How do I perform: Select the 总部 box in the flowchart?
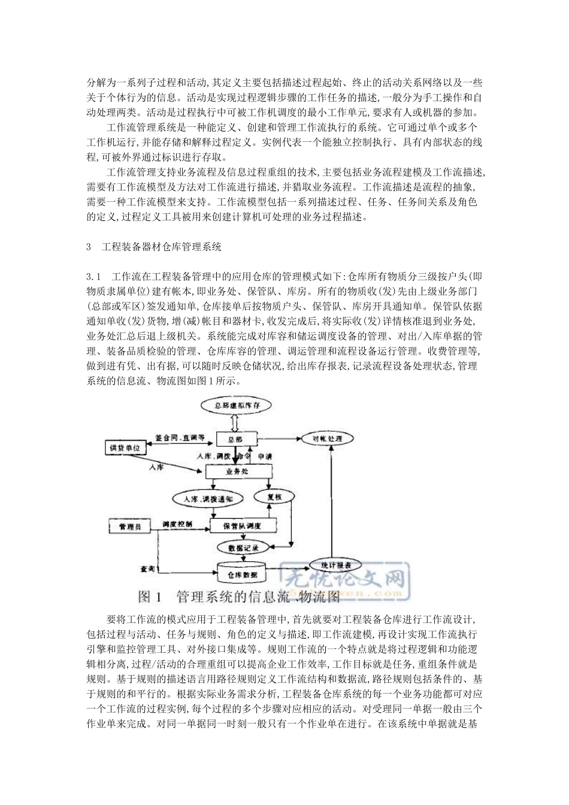236,440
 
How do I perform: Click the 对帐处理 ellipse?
327,439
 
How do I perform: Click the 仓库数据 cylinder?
242,573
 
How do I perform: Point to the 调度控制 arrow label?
177,523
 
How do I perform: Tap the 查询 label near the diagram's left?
147,567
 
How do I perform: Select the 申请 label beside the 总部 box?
265,456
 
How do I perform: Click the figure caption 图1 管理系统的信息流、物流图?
238,597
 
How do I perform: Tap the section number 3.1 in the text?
95,276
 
